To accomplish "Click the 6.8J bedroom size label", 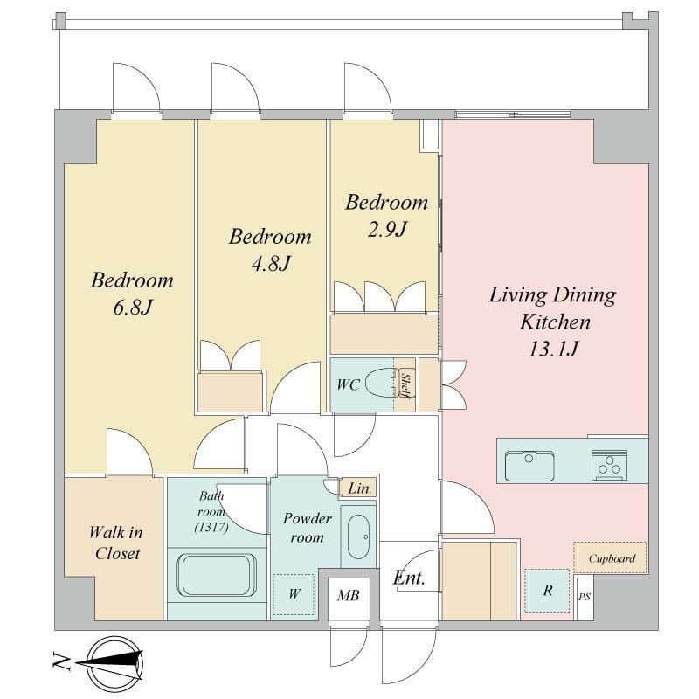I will click(x=131, y=308).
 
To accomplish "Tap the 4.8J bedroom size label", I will click(x=269, y=263).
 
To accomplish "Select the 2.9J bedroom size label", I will click(x=386, y=230).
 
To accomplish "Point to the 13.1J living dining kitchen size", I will click(x=550, y=349).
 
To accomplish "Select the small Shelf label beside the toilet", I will click(x=405, y=384).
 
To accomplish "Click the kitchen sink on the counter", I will click(x=529, y=463).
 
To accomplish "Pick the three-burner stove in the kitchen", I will click(x=608, y=463).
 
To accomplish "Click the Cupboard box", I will click(x=611, y=558).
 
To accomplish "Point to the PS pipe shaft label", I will click(x=584, y=597).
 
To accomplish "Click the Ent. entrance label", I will click(x=408, y=578).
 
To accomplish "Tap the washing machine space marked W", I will click(x=294, y=594).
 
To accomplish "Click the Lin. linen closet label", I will click(x=359, y=489).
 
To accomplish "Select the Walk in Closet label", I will click(x=114, y=542).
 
